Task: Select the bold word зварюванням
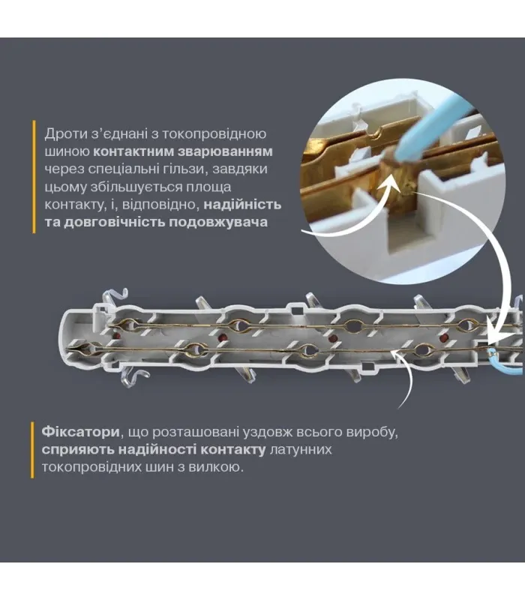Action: point(229,151)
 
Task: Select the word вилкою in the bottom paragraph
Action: point(220,468)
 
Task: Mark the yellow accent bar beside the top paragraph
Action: point(34,177)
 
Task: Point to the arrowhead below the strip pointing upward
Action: point(400,358)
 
